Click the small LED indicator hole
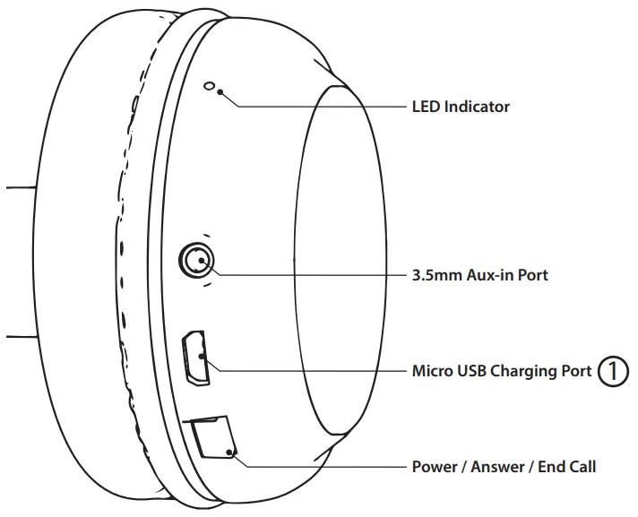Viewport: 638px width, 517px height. [211, 87]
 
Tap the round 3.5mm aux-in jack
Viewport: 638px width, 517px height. [196, 262]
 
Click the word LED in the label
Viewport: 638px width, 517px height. [426, 107]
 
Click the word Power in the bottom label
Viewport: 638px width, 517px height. [434, 467]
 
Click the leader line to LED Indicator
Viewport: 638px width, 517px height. [323, 107]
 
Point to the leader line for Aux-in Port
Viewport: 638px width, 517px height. [305, 274]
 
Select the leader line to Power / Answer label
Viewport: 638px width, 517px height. [323, 467]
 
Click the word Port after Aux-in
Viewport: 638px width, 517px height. [532, 275]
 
